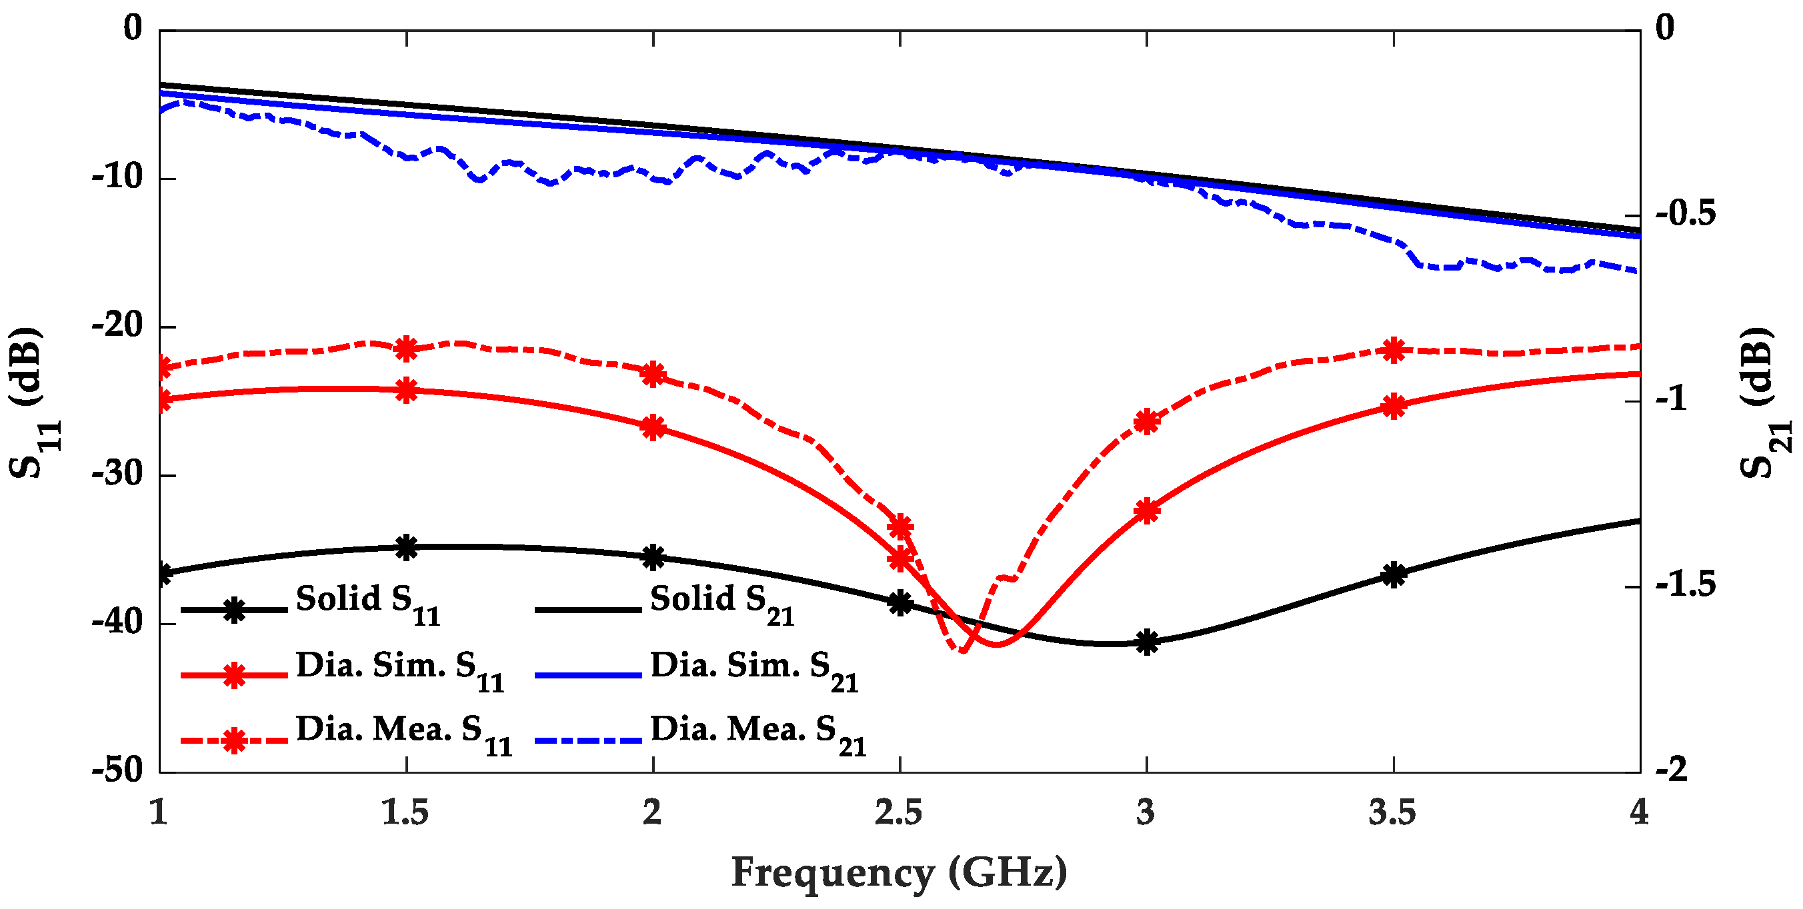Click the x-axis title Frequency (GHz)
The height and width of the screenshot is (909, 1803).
pos(899,873)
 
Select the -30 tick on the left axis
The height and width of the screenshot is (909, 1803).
pos(117,475)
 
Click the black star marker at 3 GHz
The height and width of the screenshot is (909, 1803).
pos(1146,642)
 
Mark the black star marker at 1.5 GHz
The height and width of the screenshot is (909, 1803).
pos(407,548)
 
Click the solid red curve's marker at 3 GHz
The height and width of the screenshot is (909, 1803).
pos(1146,512)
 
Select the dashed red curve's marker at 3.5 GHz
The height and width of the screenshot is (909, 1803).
pos(1394,350)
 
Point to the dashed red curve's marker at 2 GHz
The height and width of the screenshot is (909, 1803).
pos(653,375)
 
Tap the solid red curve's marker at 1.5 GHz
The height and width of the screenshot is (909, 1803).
pos(407,391)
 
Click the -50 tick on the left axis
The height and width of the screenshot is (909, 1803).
pos(117,771)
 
